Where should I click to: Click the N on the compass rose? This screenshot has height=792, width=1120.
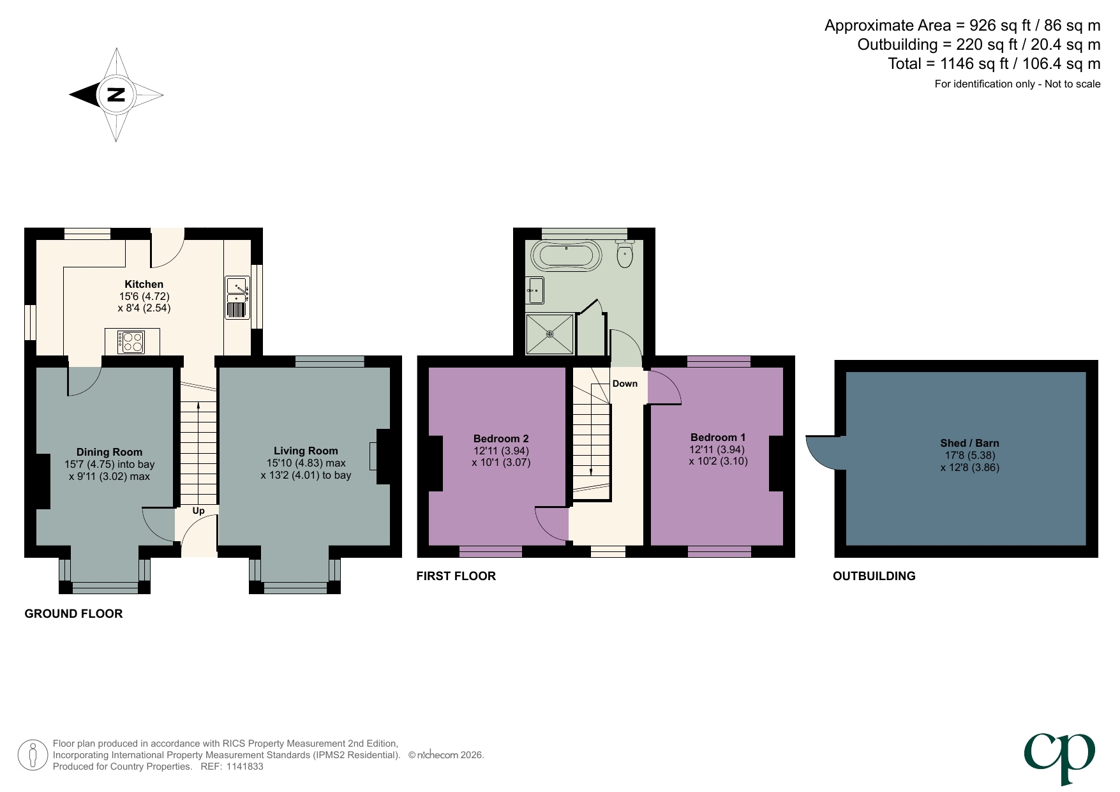(x=116, y=95)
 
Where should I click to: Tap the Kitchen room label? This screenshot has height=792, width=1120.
(x=144, y=285)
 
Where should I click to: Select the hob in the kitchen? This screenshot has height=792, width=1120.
(x=131, y=341)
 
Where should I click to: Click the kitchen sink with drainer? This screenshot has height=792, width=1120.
(x=237, y=297)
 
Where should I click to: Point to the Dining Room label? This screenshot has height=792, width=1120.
(x=109, y=452)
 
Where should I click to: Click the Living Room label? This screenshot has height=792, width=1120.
(x=306, y=451)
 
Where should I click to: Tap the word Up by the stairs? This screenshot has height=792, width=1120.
(x=198, y=511)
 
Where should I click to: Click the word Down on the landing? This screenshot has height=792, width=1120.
(x=625, y=384)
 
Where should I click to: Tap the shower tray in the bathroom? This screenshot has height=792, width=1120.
(x=550, y=334)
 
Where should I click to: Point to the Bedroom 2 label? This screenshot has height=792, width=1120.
(x=501, y=438)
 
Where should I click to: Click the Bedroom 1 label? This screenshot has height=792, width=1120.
(x=718, y=437)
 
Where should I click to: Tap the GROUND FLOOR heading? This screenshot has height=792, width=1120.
(x=73, y=614)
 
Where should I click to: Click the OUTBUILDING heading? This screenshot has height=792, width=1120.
(x=874, y=576)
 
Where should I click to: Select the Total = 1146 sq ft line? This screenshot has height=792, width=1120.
(x=994, y=64)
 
